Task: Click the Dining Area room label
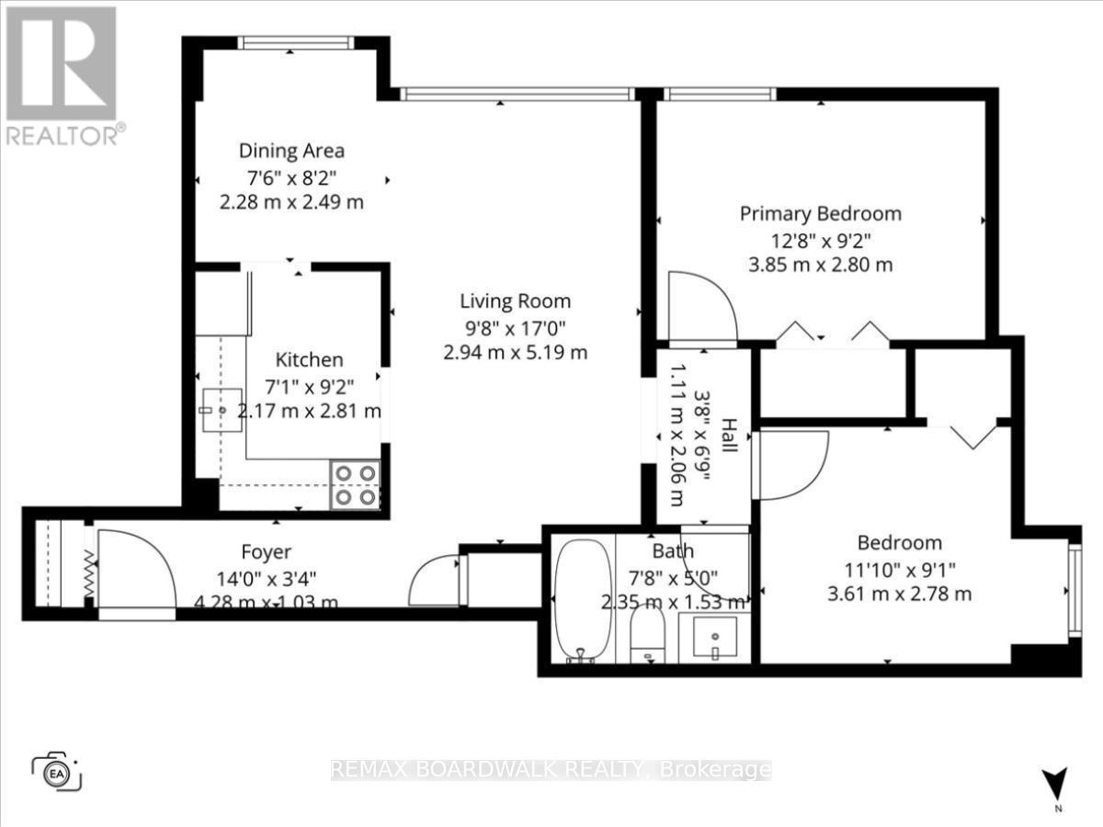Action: [x=291, y=151]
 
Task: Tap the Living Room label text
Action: [x=515, y=300]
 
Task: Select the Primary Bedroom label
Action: [x=821, y=214]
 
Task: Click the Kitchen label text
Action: [x=309, y=359]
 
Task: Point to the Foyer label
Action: [x=266, y=551]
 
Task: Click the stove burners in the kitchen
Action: [x=356, y=484]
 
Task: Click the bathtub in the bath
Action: [x=583, y=599]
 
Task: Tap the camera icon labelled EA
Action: [x=57, y=770]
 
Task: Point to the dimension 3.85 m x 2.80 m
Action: [x=821, y=266]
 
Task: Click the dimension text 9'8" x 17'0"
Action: [x=515, y=326]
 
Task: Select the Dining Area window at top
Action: [x=294, y=42]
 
